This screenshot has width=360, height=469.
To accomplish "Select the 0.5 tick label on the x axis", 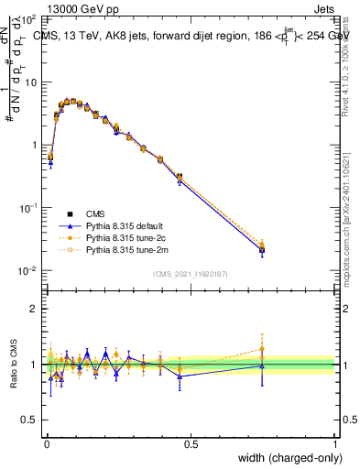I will tap(191, 443).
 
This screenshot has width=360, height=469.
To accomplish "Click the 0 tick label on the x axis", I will tap(47, 443).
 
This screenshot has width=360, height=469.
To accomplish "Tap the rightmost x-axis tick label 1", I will tap(334, 443).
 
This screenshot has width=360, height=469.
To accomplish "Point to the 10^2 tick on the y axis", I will tap(27, 19).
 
